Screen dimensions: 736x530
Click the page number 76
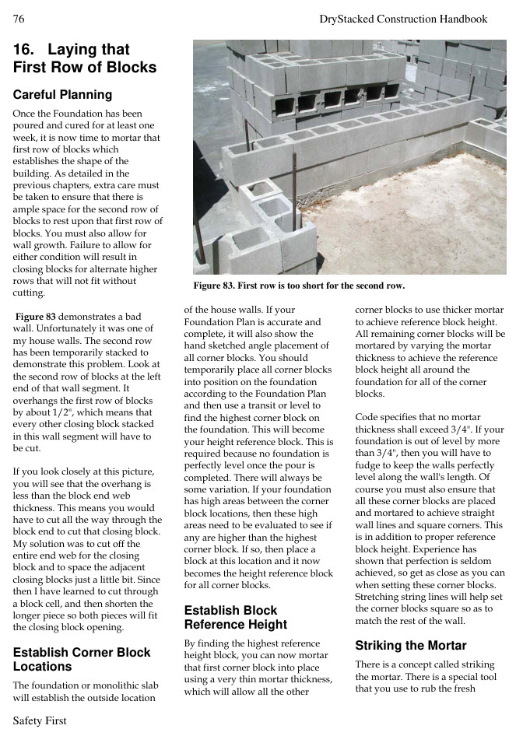19,19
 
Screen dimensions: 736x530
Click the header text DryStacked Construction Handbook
403,19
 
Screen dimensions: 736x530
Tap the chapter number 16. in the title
26,50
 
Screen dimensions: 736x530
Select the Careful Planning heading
62,95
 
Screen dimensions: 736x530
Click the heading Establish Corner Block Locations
82,659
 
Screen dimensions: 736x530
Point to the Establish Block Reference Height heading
235,617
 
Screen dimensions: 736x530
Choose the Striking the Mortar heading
410,645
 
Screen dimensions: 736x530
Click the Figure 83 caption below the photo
299,286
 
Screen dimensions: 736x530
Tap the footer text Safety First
40,720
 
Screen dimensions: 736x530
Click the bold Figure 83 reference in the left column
35,317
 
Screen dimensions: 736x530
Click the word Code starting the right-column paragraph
368,417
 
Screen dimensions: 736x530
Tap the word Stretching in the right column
379,597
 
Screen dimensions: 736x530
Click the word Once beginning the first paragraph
25,114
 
